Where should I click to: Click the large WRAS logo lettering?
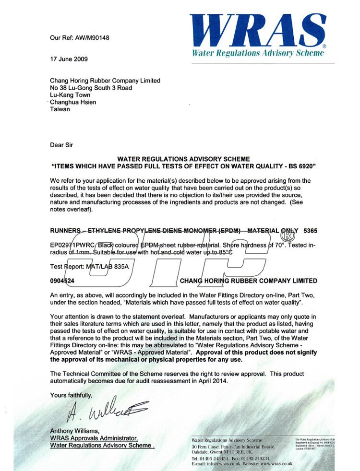point(257,30)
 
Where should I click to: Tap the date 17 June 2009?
point(69,59)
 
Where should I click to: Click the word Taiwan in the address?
point(60,109)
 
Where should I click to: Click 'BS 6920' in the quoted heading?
point(302,166)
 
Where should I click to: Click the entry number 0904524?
point(62,281)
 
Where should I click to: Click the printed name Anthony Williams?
point(74,430)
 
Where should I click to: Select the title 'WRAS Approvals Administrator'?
point(94,438)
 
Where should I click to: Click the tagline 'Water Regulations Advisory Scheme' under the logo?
point(258,53)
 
